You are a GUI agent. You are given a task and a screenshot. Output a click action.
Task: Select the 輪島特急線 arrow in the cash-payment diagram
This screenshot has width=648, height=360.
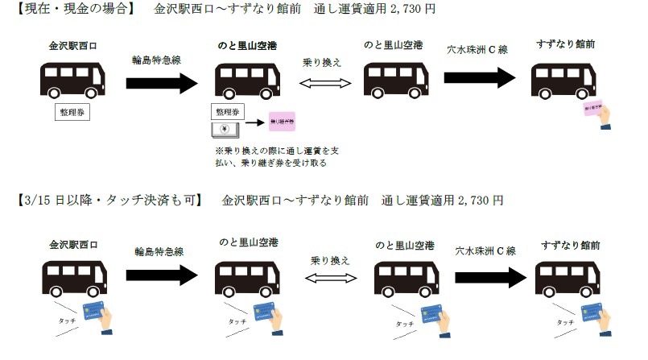click(x=162, y=82)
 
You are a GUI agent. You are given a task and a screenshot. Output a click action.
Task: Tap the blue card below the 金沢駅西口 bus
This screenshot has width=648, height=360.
click(x=102, y=314)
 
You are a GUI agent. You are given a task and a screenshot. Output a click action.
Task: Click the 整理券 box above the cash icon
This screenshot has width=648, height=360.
click(x=226, y=111)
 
